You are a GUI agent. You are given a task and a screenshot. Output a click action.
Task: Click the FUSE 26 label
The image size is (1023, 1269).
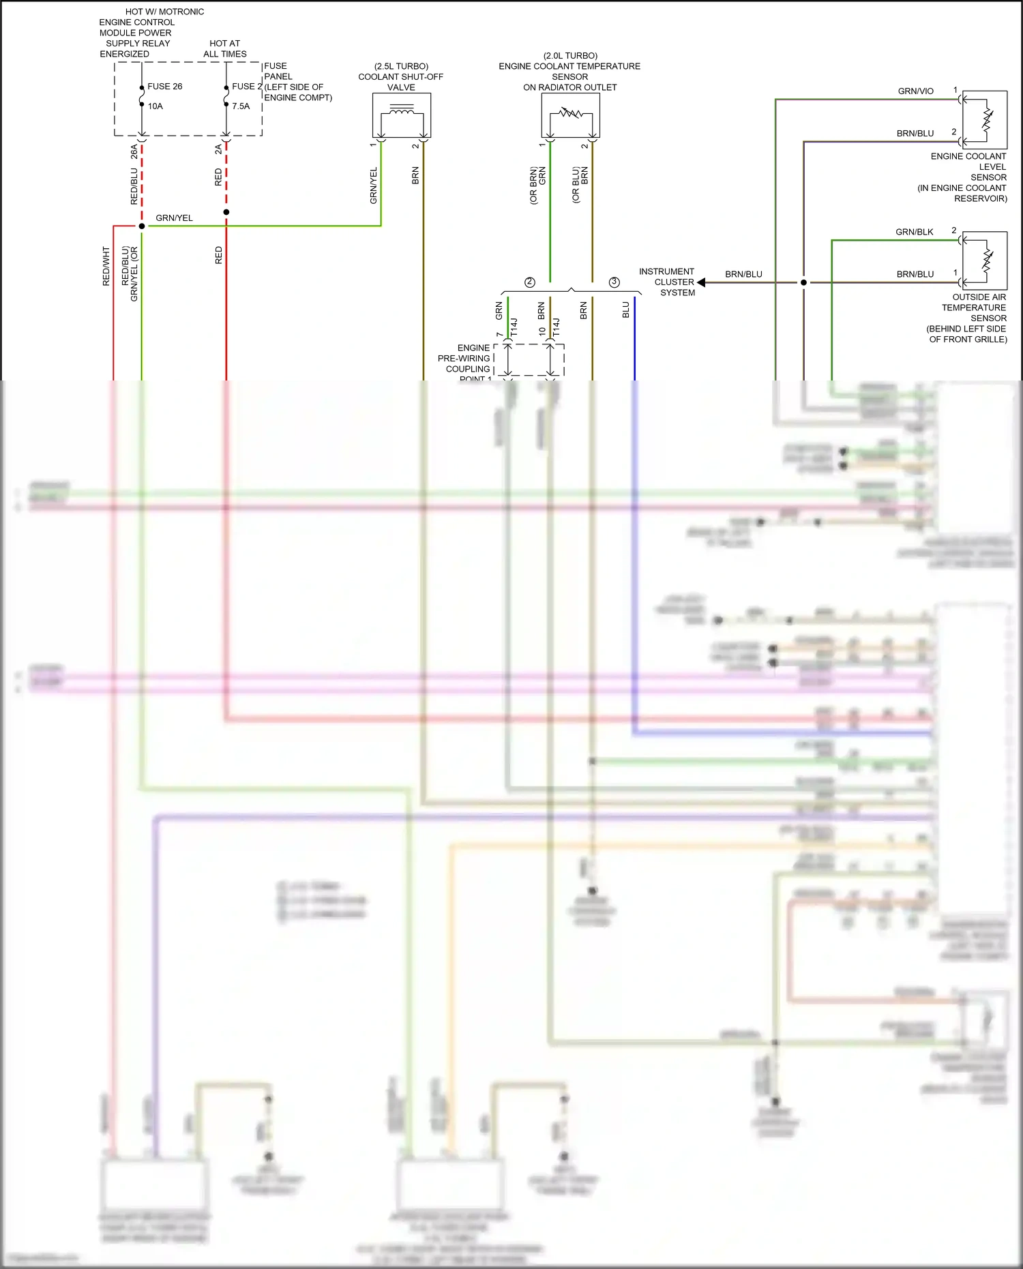click(164, 87)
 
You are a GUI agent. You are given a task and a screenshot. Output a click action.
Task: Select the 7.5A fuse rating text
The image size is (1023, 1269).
click(241, 106)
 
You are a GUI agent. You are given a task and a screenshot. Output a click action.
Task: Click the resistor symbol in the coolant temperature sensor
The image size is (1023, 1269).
click(570, 113)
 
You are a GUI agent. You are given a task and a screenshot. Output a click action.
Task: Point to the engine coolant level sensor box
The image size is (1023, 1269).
click(984, 120)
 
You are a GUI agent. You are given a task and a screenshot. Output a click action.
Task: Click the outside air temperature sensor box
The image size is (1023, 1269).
click(984, 260)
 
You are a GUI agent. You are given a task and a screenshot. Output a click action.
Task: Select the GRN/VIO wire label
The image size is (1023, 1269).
click(915, 91)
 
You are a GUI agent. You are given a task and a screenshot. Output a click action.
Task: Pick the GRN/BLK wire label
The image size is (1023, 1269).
click(914, 232)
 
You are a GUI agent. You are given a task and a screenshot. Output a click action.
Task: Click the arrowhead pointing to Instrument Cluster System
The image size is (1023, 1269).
click(701, 282)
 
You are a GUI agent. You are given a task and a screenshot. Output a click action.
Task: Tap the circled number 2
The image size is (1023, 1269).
click(530, 282)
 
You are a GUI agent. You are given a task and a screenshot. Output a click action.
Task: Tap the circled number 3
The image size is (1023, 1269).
click(614, 282)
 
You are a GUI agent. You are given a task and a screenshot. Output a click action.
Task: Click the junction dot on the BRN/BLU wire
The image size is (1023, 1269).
click(803, 282)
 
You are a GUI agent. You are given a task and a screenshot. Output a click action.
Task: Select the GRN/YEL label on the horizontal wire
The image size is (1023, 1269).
click(174, 218)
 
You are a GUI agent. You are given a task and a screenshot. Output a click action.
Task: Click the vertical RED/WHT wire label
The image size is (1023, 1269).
click(106, 266)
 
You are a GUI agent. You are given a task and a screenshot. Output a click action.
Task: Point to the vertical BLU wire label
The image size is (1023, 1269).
click(625, 310)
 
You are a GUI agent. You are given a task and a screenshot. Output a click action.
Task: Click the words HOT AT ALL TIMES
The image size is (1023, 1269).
click(225, 48)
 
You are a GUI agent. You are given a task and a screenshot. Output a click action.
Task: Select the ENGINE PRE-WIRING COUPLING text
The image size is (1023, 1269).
click(466, 359)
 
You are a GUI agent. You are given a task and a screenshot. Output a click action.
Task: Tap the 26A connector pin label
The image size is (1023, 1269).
click(134, 151)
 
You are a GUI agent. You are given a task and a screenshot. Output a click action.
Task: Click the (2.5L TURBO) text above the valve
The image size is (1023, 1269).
click(401, 66)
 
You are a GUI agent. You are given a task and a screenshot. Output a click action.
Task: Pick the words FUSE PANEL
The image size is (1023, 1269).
click(278, 72)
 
